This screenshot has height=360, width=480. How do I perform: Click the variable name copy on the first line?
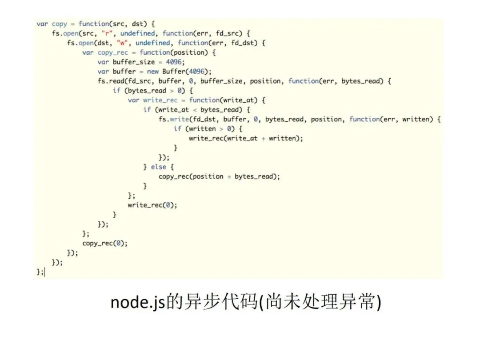pos(60,24)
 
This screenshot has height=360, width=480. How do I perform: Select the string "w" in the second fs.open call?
pos(120,43)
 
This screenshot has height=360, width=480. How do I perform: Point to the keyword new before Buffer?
pos(152,72)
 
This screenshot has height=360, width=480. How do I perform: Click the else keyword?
pos(158,167)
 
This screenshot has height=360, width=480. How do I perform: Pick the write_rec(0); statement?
pos(152,205)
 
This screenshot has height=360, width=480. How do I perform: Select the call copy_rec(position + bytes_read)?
pos(219,176)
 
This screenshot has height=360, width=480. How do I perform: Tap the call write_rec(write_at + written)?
pos(246,138)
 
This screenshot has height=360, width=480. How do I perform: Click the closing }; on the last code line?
pos(40,272)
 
